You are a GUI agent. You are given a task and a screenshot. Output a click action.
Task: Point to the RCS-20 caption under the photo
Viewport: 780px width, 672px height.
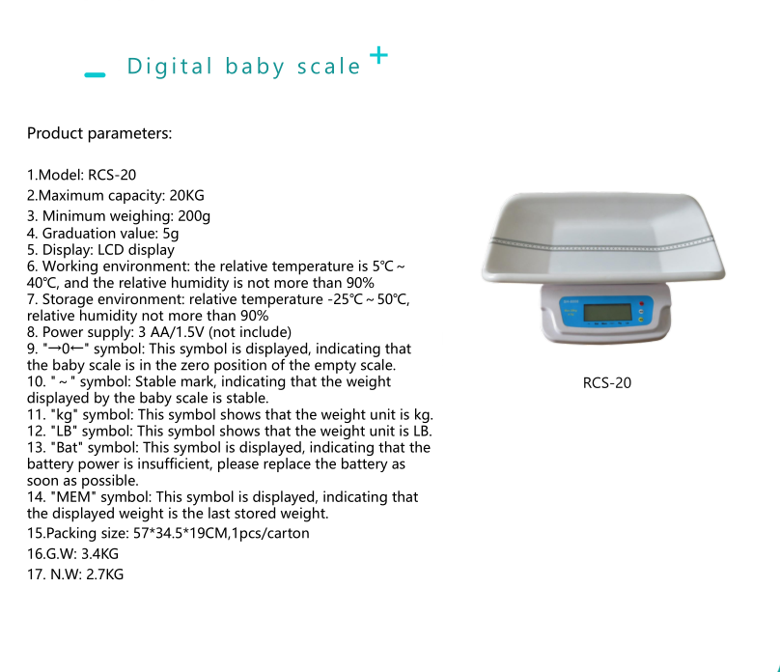pyautogui.click(x=607, y=383)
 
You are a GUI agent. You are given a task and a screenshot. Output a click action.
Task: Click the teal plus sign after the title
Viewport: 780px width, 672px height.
pyautogui.click(x=379, y=56)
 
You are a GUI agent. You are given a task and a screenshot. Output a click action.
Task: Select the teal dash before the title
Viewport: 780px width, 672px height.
pyautogui.click(x=95, y=73)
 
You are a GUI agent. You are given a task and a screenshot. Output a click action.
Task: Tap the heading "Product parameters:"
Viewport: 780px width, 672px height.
pyautogui.click(x=99, y=133)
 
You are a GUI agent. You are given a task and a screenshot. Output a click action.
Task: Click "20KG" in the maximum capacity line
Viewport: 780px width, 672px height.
pyautogui.click(x=187, y=195)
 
